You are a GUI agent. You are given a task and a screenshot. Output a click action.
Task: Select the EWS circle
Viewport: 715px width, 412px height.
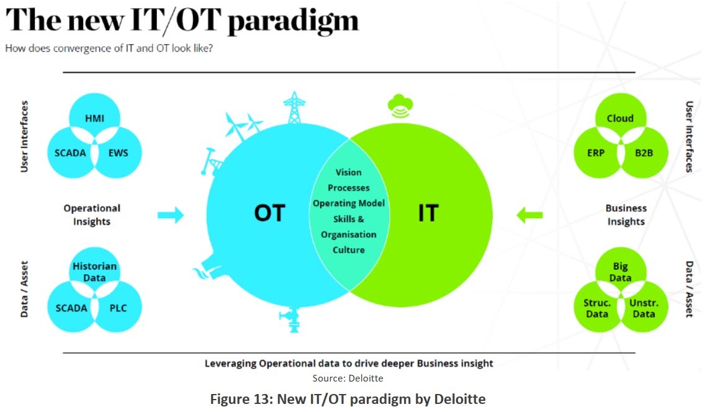click(x=119, y=153)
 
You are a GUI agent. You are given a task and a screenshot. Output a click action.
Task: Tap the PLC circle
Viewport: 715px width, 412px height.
click(x=118, y=308)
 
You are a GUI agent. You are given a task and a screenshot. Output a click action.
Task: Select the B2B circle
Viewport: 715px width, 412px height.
click(x=644, y=153)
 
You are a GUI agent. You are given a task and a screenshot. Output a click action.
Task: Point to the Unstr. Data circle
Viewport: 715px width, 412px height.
click(x=644, y=308)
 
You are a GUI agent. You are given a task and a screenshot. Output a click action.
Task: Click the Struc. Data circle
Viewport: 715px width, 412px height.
click(x=596, y=308)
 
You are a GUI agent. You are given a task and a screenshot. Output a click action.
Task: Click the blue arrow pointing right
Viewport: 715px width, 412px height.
click(x=171, y=215)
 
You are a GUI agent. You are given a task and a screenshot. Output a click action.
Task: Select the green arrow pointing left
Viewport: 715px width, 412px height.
click(x=529, y=215)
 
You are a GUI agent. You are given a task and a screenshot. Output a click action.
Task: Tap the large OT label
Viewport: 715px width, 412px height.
click(x=269, y=213)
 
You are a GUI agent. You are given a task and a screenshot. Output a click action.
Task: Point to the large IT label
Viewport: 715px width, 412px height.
click(x=428, y=213)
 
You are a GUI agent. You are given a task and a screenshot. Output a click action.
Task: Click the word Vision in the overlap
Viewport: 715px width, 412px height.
click(x=348, y=172)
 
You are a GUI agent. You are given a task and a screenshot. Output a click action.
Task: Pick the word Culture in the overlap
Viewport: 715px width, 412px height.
click(x=348, y=250)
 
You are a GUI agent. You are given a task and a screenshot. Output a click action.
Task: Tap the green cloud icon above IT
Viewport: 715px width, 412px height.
click(x=400, y=106)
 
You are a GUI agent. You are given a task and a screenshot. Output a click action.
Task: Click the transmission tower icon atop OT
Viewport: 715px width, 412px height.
click(x=294, y=107)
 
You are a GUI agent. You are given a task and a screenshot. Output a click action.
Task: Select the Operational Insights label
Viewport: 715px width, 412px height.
click(x=92, y=215)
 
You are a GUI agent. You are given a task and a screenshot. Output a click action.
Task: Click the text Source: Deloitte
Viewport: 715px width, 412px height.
click(x=348, y=378)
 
